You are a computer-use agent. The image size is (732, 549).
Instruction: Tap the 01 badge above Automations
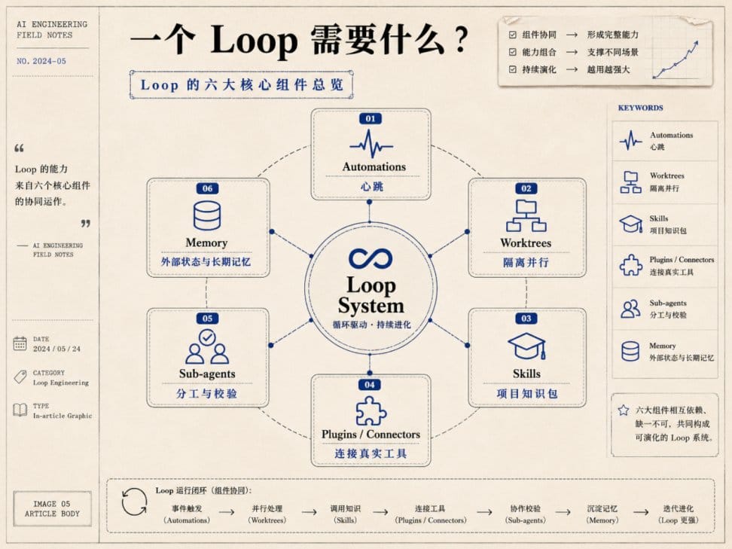pos(371,118)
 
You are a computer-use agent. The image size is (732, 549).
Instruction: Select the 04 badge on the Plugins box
pos(370,385)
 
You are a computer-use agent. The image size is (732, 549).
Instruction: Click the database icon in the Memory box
pos(207,215)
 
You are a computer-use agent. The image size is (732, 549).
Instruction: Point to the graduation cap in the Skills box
pos(526,346)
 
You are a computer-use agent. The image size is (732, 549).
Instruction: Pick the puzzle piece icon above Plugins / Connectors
pos(371,411)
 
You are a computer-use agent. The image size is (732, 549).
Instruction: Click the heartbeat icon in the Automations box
pos(371,145)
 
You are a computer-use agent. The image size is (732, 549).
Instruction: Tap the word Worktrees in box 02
pos(526,242)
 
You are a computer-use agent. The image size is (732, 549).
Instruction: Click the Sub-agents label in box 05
pos(207,374)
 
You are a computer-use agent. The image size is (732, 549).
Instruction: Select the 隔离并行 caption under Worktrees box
pos(526,262)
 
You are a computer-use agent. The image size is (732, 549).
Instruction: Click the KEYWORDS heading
pos(640,108)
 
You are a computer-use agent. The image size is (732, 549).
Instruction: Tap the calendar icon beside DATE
pos(20,343)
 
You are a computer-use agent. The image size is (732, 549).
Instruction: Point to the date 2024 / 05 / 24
pos(56,349)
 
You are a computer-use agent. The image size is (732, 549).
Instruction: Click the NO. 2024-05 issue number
pos(41,61)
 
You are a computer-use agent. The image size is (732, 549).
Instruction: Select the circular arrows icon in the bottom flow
pos(134,502)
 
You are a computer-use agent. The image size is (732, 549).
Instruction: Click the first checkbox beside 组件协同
pos(513,35)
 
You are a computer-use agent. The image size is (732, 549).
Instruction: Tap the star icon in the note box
pos(624,410)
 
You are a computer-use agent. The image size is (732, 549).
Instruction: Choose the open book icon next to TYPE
pos(20,410)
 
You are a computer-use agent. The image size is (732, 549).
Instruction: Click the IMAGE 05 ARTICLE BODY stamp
pos(52,509)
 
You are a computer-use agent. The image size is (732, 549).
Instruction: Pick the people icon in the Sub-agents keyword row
pos(630,309)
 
